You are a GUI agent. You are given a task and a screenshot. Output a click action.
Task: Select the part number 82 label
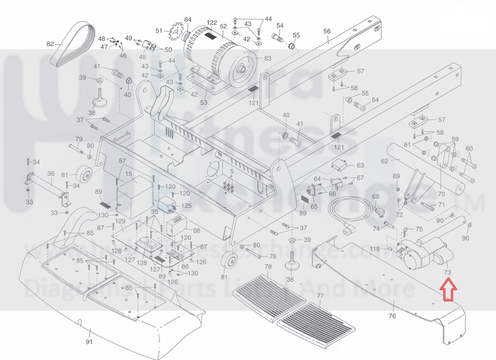[50, 44]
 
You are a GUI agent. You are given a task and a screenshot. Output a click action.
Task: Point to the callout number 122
[212, 23]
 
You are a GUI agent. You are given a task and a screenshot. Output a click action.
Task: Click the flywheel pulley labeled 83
[240, 63]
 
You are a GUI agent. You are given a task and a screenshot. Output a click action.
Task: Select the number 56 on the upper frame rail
[327, 32]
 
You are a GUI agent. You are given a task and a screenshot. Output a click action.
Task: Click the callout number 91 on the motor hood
[90, 342]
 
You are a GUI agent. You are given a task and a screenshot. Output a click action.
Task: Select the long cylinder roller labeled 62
[428, 168]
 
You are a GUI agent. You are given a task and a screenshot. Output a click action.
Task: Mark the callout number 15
[128, 174]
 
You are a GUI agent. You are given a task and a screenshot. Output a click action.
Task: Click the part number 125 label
[187, 206]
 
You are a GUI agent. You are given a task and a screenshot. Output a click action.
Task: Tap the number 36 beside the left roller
[50, 174]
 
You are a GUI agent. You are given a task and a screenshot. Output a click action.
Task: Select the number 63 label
[360, 165]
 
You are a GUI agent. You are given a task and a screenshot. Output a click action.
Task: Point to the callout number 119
[375, 249]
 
